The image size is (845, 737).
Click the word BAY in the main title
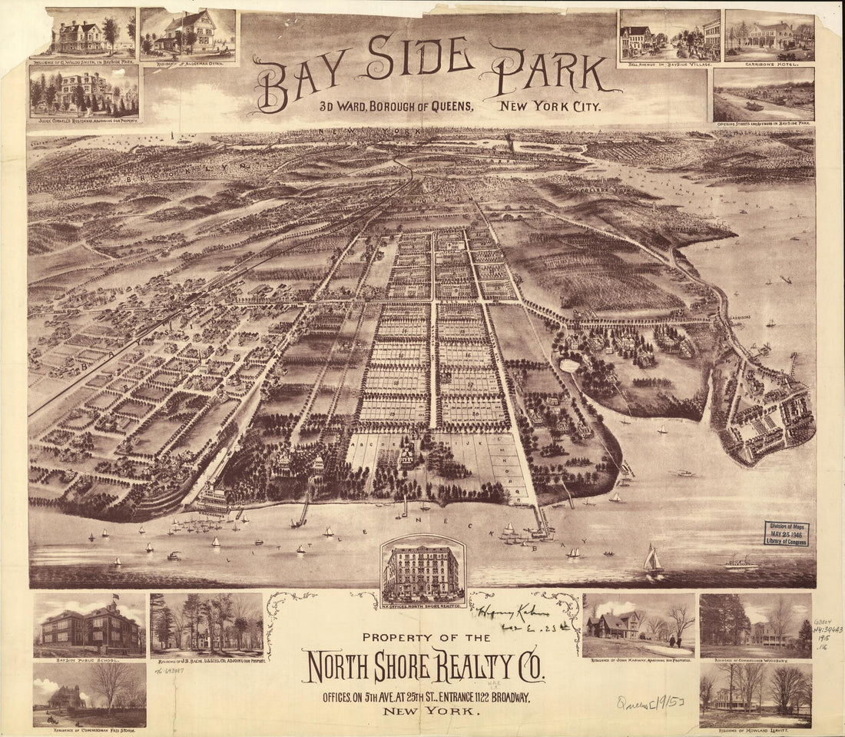[297, 81]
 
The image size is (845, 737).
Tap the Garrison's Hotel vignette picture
[769, 35]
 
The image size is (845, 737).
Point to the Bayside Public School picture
[89, 625]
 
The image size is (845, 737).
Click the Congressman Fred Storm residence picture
[89, 693]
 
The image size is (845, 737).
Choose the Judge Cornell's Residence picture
[84, 91]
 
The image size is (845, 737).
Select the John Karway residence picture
[639, 624]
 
